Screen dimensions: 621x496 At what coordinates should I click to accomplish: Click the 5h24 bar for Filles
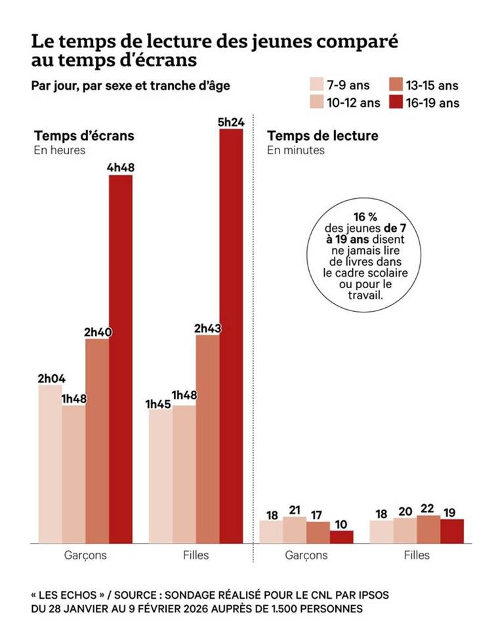point(231,335)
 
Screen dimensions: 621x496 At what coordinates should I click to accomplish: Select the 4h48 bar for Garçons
point(121,358)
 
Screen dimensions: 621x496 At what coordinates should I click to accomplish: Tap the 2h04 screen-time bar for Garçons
point(50,463)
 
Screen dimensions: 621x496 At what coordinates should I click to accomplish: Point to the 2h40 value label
point(98,332)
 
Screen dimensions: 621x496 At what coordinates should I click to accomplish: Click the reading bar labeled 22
point(428,529)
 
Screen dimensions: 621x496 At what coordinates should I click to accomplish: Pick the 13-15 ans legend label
point(432,85)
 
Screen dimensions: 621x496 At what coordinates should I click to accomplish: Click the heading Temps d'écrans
point(84,136)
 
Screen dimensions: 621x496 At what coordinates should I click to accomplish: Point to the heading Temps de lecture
point(322,136)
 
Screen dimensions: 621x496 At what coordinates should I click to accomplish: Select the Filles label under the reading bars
point(417,555)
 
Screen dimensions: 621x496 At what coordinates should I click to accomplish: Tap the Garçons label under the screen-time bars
point(85,555)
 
